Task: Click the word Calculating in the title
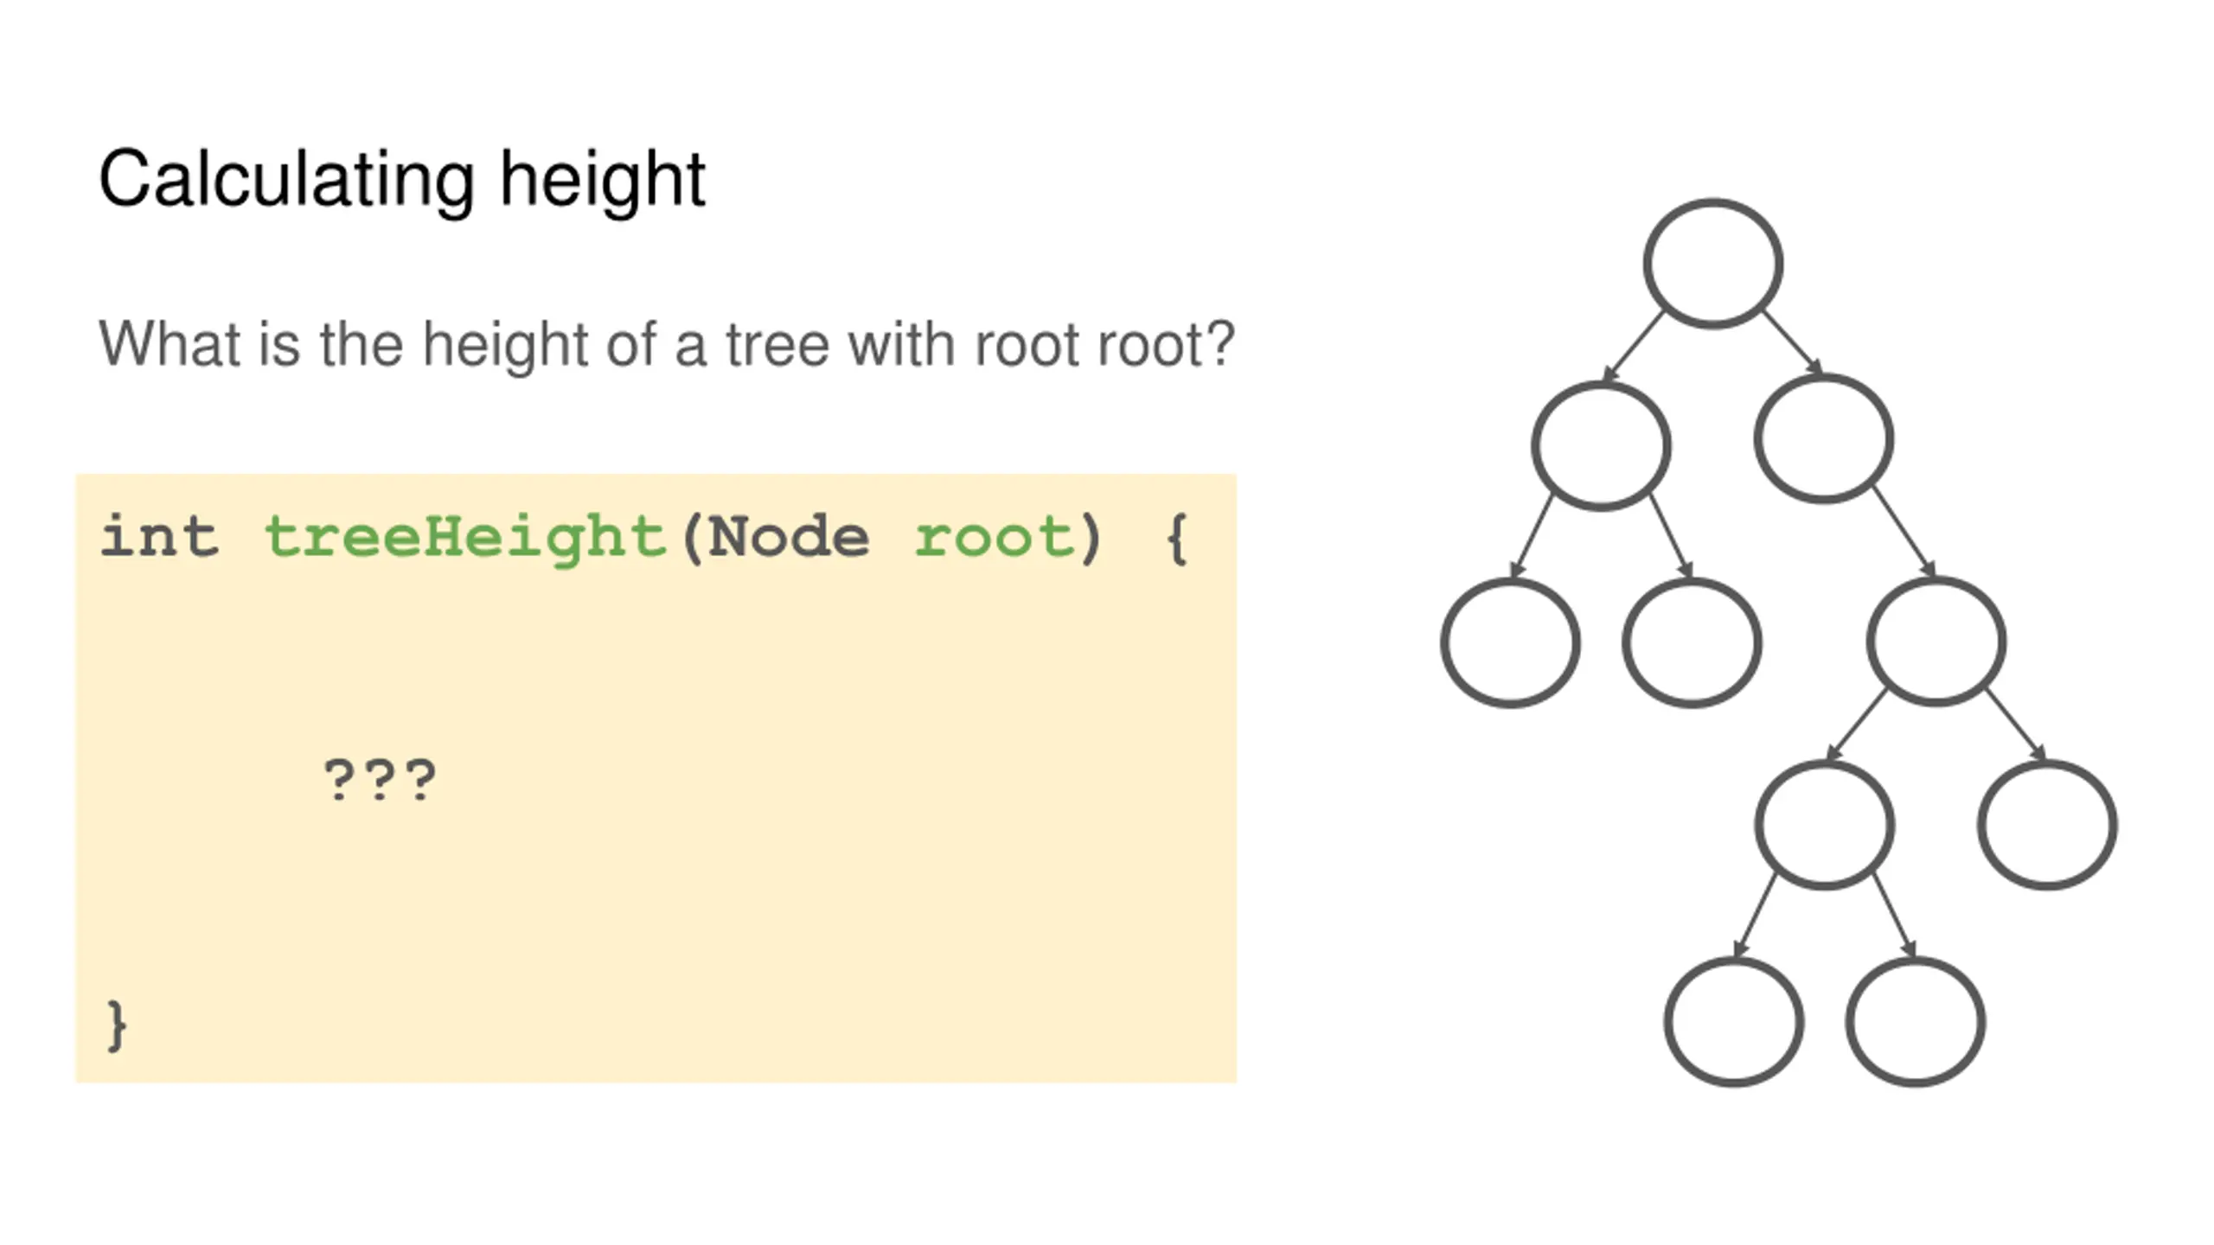click(x=286, y=180)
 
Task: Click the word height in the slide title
click(x=603, y=180)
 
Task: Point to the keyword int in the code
click(x=159, y=537)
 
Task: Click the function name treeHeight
click(x=465, y=537)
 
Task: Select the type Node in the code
click(x=788, y=537)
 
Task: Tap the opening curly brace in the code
click(x=1177, y=539)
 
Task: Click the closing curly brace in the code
click(x=116, y=1026)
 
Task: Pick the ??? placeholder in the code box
click(x=380, y=781)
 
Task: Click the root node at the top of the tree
click(x=1712, y=264)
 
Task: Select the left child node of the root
click(x=1601, y=445)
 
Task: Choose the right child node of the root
click(x=1824, y=438)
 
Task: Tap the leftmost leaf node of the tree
click(x=1510, y=643)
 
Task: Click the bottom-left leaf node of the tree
click(x=1734, y=1022)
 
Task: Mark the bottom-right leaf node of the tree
click(x=1915, y=1022)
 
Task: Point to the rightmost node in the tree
click(x=2047, y=825)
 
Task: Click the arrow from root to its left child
click(x=1634, y=346)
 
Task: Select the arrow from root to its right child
click(x=1793, y=343)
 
